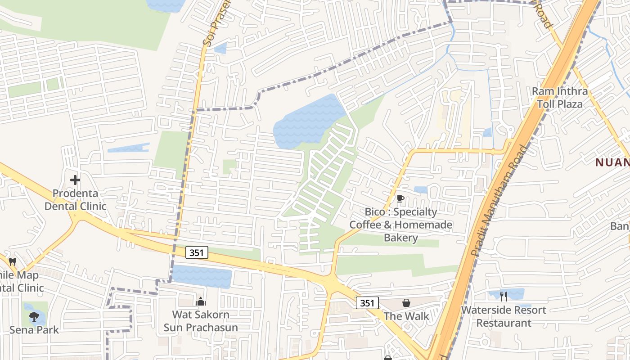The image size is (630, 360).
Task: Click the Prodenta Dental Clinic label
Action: [x=75, y=200]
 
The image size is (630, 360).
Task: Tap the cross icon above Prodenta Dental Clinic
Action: [x=75, y=180]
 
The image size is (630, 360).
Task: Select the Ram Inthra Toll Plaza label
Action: [x=560, y=98]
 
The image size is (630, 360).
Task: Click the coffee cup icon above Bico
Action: [x=400, y=199]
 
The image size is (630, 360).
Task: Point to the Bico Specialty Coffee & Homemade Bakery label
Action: [x=400, y=225]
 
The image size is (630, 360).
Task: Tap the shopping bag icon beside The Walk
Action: [x=406, y=303]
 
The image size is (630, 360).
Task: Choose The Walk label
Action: [x=406, y=316]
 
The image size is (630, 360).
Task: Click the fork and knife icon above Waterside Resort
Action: [x=504, y=296]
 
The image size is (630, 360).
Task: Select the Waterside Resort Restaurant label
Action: [x=504, y=316]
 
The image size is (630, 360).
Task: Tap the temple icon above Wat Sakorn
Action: [x=201, y=301]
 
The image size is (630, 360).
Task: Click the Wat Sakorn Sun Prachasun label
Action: [x=201, y=321]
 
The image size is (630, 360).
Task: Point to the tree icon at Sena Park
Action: [x=34, y=316]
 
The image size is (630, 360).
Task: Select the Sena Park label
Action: [x=34, y=330]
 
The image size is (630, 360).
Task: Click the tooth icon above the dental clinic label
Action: [x=13, y=261]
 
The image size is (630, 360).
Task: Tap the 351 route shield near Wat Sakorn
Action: [x=197, y=253]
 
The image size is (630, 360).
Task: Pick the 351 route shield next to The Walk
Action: [x=367, y=303]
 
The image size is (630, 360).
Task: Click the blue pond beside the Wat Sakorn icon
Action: [x=202, y=275]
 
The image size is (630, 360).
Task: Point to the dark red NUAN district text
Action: [x=612, y=162]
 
